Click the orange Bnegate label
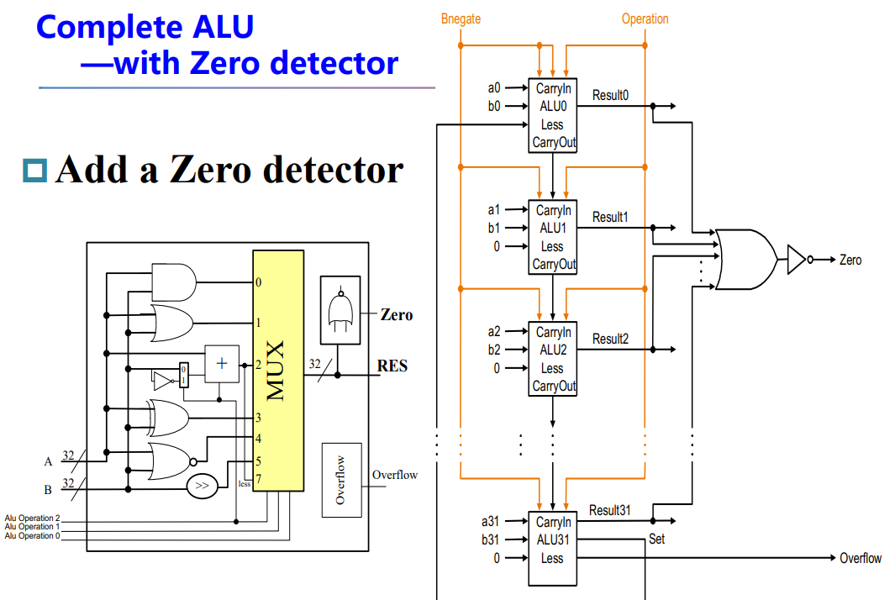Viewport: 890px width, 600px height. pos(461,18)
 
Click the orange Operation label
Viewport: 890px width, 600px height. pos(645,18)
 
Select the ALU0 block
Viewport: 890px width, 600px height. pos(552,114)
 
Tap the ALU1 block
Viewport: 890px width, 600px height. pos(552,236)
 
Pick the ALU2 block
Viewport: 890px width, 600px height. pos(552,359)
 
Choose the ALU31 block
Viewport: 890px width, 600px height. pos(552,548)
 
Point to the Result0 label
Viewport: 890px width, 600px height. pos(610,95)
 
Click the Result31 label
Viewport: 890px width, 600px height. pos(610,510)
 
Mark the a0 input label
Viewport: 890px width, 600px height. pos(494,87)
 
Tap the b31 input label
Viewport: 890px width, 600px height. pos(492,539)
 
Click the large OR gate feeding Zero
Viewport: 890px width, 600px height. pos(745,259)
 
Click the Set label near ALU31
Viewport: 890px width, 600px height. pos(656,539)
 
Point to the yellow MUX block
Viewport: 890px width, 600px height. pos(278,370)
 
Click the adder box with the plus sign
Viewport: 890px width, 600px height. pos(222,363)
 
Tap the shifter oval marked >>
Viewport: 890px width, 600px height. pos(203,485)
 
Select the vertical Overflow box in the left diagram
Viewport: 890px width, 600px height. pos(340,480)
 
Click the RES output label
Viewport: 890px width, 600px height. pos(392,366)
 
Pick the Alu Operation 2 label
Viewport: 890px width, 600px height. pos(32,518)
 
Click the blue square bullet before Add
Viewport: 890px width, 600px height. pos(36,171)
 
